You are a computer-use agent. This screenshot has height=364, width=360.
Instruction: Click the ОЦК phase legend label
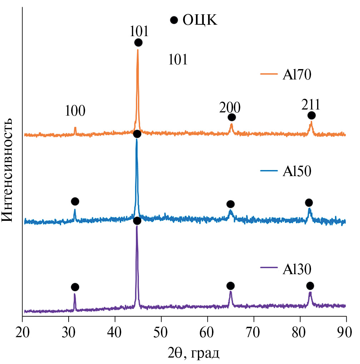pyautogui.click(x=199, y=20)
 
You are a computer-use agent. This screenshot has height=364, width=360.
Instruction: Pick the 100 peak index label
pyautogui.click(x=75, y=111)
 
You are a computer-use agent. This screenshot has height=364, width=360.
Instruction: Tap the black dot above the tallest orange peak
pyautogui.click(x=138, y=43)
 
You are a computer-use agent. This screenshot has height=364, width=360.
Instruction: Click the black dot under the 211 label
pyautogui.click(x=311, y=115)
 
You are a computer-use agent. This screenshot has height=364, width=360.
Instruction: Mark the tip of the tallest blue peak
pyautogui.click(x=137, y=140)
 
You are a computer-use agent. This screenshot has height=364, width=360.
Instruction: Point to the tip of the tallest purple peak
pyautogui.click(x=137, y=226)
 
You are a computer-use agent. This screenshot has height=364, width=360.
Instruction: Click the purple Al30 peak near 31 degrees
pyautogui.click(x=75, y=294)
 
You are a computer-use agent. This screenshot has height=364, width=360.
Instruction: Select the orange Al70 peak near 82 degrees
pyautogui.click(x=311, y=122)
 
